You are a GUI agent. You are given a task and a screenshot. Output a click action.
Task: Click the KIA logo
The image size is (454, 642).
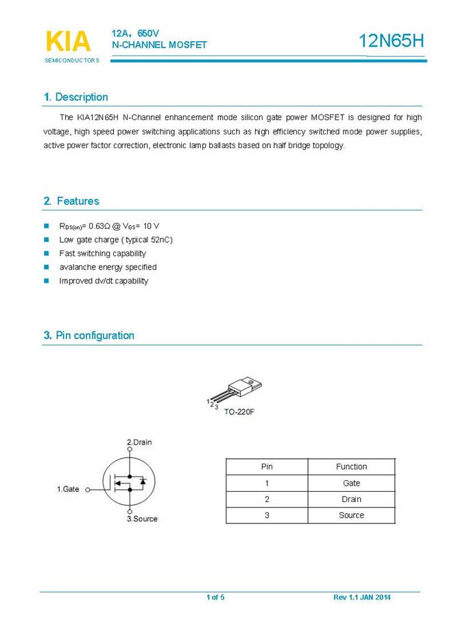pos(68,41)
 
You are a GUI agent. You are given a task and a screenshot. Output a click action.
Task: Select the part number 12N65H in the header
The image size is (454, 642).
pos(392,41)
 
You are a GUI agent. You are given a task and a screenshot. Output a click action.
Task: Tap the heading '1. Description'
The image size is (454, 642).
pos(75,97)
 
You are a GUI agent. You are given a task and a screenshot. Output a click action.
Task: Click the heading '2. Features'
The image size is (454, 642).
pos(71,201)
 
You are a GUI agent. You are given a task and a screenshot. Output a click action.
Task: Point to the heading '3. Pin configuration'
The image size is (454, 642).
pos(88,335)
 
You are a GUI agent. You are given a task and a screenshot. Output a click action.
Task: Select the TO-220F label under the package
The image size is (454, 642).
pos(239,412)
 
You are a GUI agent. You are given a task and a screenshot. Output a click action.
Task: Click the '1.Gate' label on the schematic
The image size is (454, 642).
pos(68,489)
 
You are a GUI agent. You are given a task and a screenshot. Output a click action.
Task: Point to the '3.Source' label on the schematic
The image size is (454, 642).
pos(142,519)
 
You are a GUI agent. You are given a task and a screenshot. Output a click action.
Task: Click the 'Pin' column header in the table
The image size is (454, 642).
pos(267,466)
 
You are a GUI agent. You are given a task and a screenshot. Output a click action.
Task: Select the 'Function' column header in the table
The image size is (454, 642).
pos(351,466)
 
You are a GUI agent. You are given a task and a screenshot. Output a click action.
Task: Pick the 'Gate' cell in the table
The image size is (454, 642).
pos(351,483)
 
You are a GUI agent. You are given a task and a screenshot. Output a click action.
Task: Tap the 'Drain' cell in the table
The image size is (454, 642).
pos(351,499)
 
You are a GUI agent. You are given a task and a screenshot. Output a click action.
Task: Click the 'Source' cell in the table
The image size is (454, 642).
pos(351,515)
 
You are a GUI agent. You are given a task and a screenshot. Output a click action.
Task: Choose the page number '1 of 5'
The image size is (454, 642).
pos(215,597)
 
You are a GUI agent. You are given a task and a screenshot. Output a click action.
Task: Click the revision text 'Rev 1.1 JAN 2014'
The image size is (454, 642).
pos(362,597)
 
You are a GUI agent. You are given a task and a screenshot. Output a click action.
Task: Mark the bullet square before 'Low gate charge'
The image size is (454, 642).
pos(47,239)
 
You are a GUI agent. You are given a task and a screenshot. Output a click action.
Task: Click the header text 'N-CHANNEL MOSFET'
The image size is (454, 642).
pos(159,45)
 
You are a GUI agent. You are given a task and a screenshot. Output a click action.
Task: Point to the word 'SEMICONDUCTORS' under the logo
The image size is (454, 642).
pos(72,60)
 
